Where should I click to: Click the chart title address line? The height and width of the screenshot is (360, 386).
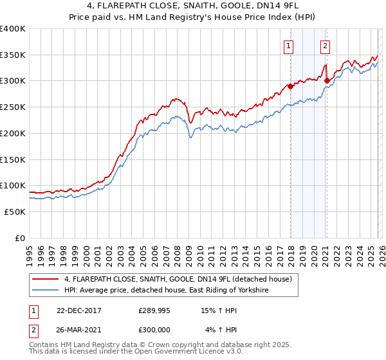[x=193, y=6]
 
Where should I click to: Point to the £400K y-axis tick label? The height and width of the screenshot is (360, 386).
[x=13, y=29]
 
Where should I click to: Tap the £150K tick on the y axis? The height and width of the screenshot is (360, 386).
[x=13, y=159]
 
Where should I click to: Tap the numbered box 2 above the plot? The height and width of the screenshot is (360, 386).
[x=326, y=46]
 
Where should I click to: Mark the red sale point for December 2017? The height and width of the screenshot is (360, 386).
[x=290, y=86]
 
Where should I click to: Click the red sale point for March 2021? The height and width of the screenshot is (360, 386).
[x=327, y=81]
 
